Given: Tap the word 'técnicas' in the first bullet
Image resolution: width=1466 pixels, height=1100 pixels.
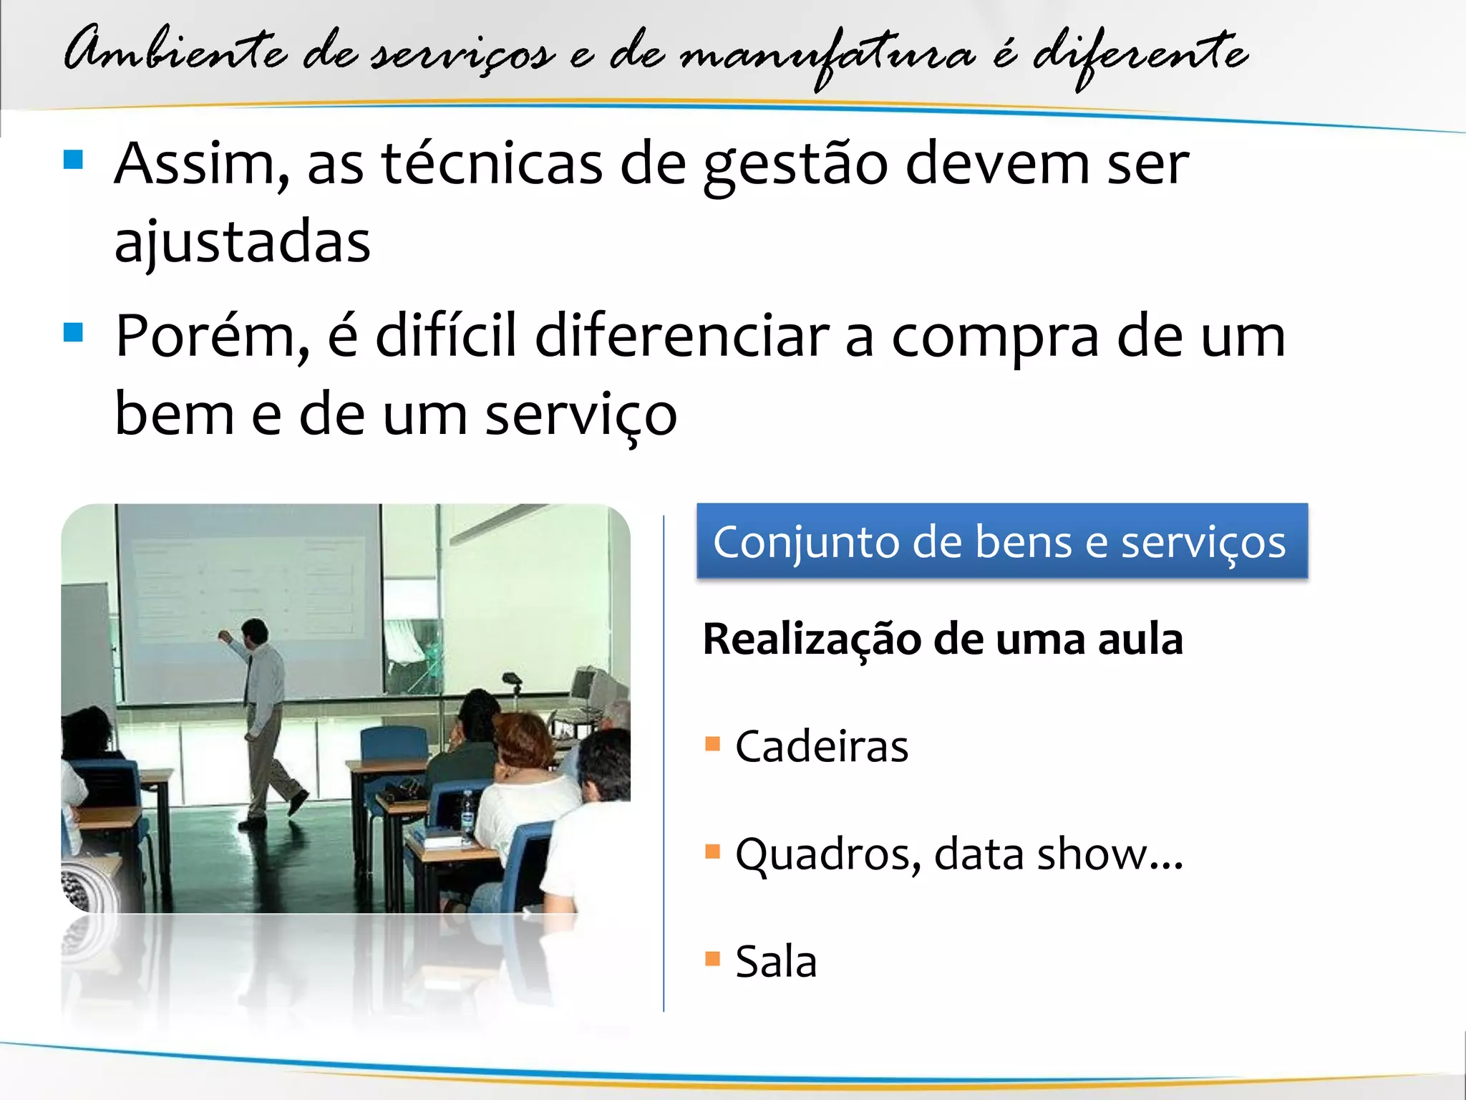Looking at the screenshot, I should click(x=492, y=165).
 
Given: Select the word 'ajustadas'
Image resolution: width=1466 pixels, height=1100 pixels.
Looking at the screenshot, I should click(x=243, y=242).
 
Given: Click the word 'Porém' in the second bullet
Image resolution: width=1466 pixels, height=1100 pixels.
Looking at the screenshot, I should click(x=212, y=337).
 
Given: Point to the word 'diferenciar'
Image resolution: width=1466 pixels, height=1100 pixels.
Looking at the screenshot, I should click(x=681, y=337).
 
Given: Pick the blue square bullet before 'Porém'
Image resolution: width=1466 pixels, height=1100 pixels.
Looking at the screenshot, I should click(x=74, y=332).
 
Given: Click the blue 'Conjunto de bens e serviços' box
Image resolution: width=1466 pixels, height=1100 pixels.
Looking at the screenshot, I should click(x=1001, y=541).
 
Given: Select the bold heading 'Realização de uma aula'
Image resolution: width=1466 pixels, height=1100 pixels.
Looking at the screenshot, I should click(x=943, y=639).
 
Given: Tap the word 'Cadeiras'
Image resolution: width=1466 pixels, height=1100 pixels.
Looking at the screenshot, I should click(x=822, y=746).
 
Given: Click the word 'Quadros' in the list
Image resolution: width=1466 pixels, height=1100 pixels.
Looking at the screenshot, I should click(x=827, y=854).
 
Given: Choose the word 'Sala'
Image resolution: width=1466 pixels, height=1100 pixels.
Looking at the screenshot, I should click(x=776, y=961).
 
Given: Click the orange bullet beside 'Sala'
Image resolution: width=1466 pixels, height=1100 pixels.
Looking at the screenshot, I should click(x=712, y=958).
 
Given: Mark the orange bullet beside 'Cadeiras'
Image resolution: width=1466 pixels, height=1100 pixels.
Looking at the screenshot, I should click(x=712, y=743).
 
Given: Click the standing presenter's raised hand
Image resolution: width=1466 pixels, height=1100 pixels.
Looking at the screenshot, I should click(x=224, y=635).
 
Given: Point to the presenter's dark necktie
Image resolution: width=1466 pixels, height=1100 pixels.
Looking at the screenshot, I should click(x=248, y=680).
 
